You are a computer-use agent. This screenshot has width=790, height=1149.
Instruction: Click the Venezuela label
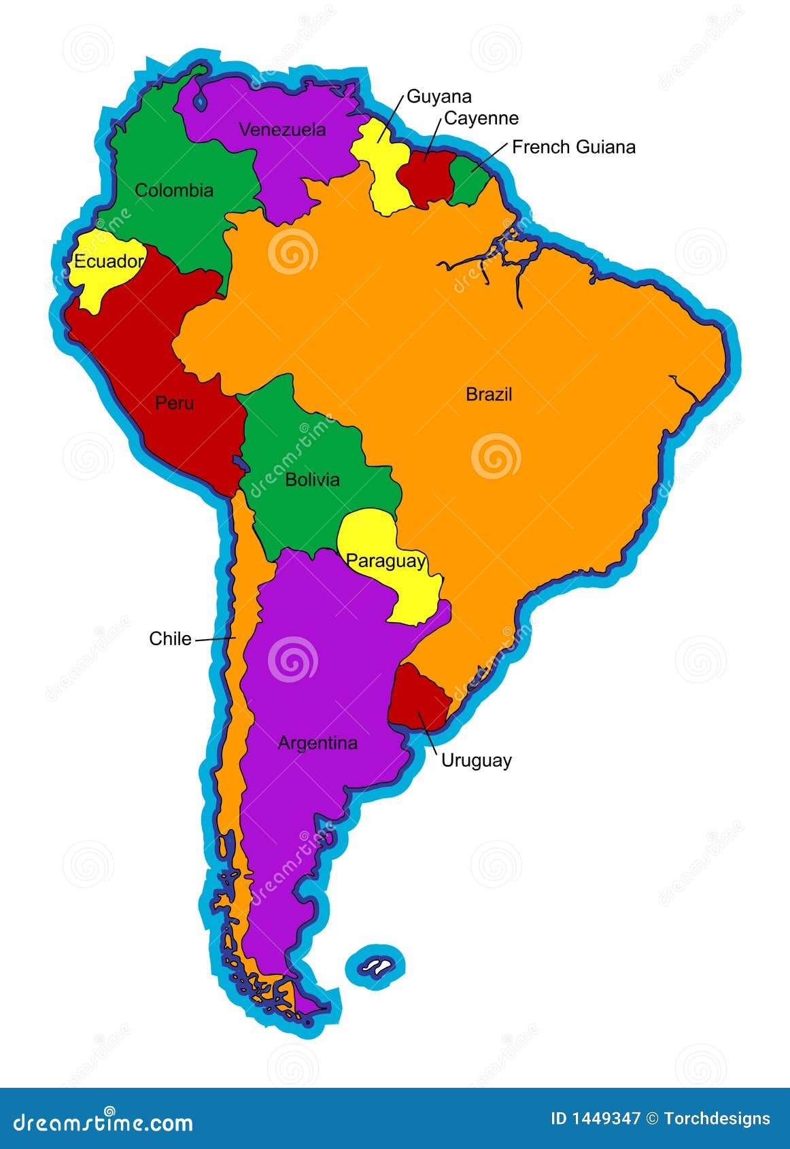[x=282, y=129]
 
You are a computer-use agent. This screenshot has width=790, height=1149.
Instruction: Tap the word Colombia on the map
[x=174, y=190]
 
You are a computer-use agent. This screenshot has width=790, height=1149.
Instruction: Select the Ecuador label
[x=109, y=261]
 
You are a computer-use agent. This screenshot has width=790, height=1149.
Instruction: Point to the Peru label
[x=175, y=402]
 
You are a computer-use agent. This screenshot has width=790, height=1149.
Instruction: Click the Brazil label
[x=489, y=394]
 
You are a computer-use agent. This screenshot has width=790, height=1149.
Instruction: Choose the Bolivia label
[x=312, y=479]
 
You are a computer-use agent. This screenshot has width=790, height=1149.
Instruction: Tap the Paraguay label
[x=385, y=561]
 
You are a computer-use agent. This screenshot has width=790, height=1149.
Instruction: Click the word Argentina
[x=317, y=742]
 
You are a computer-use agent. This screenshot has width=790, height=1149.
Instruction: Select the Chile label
[x=170, y=638]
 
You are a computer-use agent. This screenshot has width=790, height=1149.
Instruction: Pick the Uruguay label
[x=476, y=760]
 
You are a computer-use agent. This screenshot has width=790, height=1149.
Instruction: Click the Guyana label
[x=439, y=97]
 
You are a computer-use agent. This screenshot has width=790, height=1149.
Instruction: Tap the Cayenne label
[x=481, y=118]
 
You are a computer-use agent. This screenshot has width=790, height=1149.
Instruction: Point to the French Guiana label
[x=574, y=147]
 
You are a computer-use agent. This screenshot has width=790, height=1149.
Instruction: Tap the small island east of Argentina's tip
[x=375, y=964]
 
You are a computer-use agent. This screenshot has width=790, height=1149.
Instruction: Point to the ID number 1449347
[x=595, y=1119]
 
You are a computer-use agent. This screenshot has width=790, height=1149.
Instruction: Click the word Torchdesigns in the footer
[x=717, y=1119]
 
